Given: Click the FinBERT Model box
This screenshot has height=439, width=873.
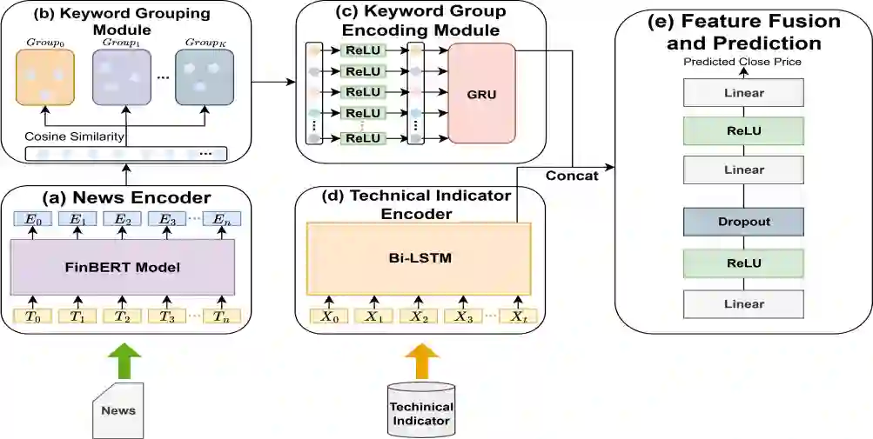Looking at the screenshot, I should [x=123, y=268].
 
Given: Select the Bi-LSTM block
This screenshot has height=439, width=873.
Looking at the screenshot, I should [x=419, y=259].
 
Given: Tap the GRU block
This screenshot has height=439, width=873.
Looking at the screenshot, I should [x=481, y=94].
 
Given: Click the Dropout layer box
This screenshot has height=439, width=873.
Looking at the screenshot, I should [x=743, y=222].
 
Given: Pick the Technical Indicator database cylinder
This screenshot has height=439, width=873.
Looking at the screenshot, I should [x=420, y=409].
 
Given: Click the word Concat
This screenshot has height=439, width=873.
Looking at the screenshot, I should [x=572, y=176].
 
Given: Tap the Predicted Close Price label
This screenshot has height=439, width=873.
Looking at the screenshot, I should [x=742, y=63].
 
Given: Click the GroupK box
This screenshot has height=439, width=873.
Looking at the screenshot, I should [x=204, y=77].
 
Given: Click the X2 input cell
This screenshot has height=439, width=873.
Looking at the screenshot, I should [x=419, y=316].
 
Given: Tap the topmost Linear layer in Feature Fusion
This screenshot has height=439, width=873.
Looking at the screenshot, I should [x=743, y=93].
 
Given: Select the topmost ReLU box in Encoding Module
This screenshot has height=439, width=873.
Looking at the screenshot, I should [x=363, y=51].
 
